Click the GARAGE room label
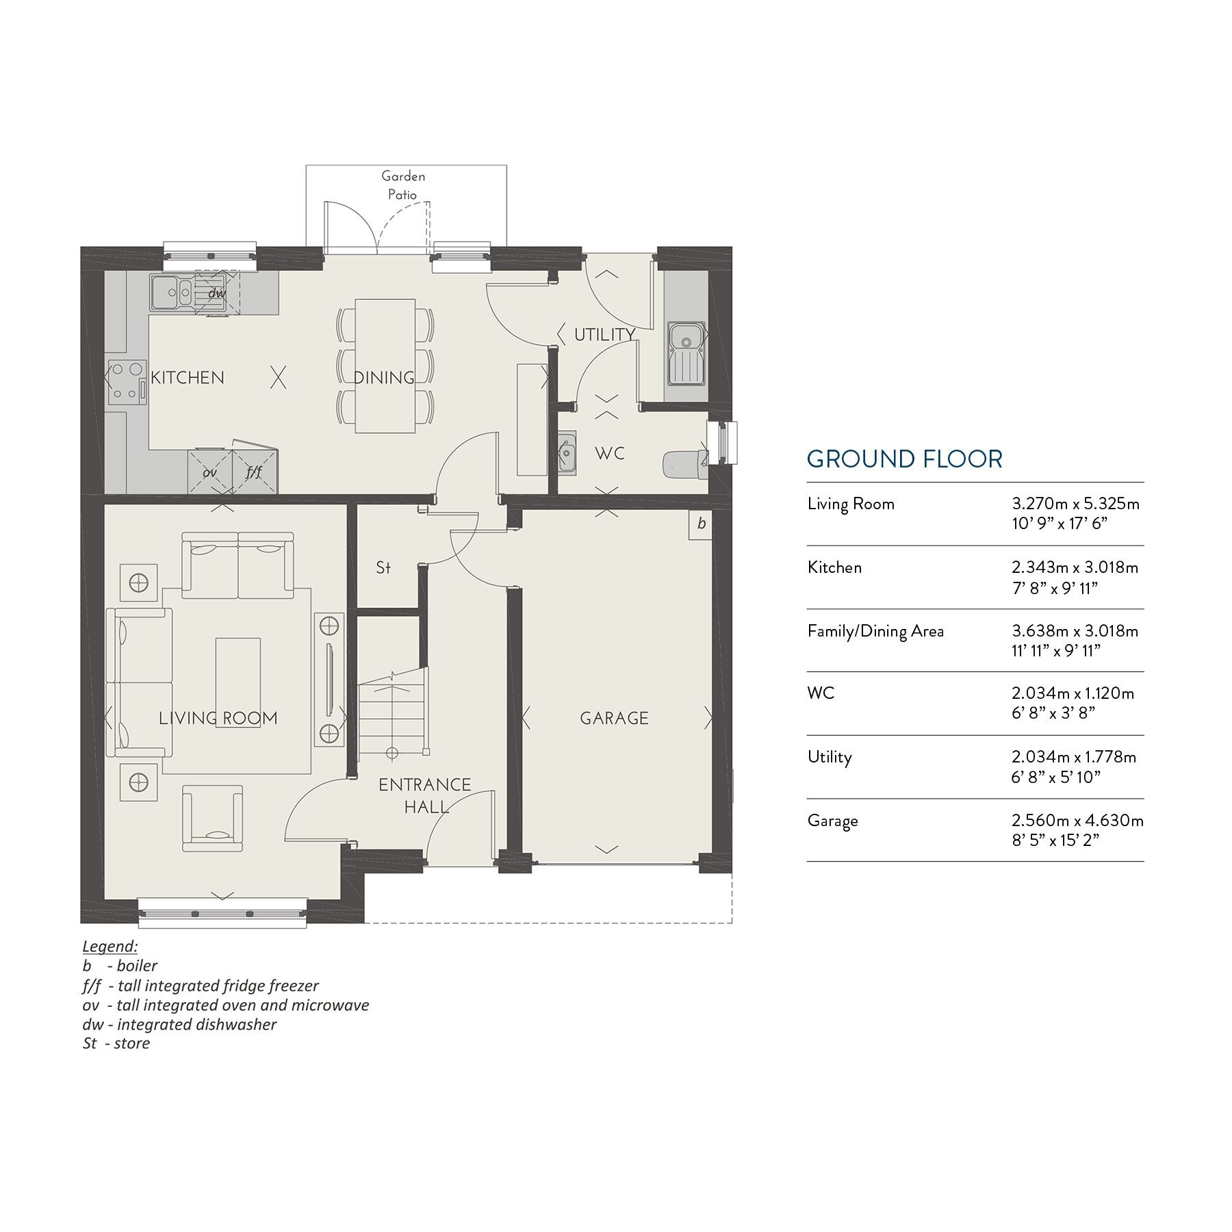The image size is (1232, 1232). pos(614,718)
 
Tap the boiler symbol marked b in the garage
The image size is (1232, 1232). pos(701,524)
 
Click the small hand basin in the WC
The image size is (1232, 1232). pos(567,453)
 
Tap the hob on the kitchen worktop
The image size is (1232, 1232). pos(126,381)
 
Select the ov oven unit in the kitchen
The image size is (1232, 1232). pos(209,472)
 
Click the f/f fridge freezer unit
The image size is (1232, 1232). pos(255,472)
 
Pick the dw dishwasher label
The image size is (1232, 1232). pos(217,293)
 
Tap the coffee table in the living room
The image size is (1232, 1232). pos(238,682)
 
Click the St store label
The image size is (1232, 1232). pos(383,567)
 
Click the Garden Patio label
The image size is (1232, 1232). pos(403,185)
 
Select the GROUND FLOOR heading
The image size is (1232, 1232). pos(904,459)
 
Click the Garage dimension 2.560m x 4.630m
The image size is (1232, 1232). pos(1077,820)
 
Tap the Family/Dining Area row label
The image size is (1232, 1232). pos(875,631)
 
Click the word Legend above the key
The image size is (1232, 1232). pos(110,946)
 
